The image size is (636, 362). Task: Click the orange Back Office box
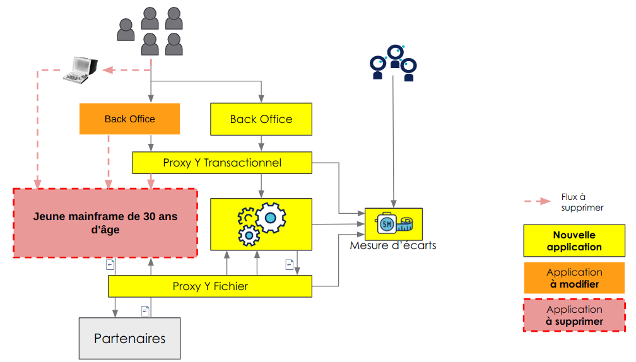coord(129,119)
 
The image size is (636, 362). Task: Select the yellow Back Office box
coord(261,119)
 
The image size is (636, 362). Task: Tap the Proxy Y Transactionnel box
coord(222,163)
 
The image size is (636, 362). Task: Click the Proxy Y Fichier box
coord(210,286)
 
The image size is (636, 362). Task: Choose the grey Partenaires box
coord(129,339)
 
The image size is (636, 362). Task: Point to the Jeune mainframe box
coord(105,223)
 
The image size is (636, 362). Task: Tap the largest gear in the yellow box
coord(271,218)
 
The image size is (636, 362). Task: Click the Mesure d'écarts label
coord(392,245)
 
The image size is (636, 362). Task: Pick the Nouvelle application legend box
coord(574,241)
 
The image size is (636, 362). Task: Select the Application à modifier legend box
coord(574,278)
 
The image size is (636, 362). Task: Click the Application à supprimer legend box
coord(574,315)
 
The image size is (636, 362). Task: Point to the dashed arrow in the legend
coord(538,201)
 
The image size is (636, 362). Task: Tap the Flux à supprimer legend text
coord(582,202)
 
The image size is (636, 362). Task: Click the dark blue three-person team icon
coord(394,62)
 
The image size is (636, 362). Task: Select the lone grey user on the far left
coord(126,30)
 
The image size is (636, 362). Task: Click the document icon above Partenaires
coord(145,310)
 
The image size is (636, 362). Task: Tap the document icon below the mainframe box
coord(110,264)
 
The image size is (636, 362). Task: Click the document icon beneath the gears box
coord(290,264)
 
